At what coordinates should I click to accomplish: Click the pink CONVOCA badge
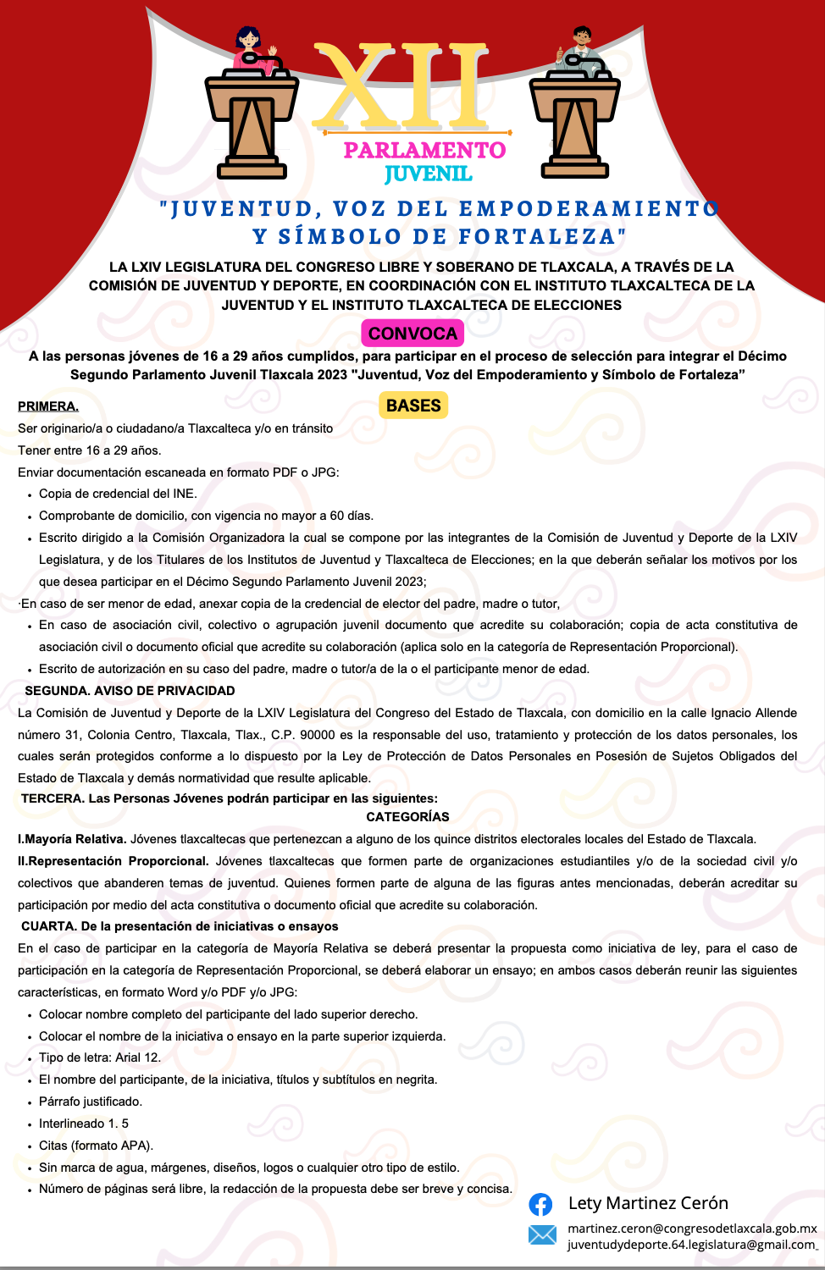coord(412,333)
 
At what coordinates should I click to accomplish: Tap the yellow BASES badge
coord(413,406)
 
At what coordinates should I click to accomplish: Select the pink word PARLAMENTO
coord(424,151)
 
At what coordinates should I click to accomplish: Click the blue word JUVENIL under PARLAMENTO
coord(428,174)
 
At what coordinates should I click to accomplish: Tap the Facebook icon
coord(540,1204)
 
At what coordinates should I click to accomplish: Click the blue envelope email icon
coord(542,1234)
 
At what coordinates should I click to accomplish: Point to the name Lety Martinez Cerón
coord(648,1203)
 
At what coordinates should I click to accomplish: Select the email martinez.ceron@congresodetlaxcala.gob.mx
coord(692,1228)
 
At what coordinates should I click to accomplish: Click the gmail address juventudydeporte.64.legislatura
coord(691,1245)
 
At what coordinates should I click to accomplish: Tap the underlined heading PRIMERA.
coord(48,406)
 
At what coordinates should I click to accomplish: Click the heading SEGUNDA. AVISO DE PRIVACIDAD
coord(130,691)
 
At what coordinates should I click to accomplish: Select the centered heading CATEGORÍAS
coord(407,817)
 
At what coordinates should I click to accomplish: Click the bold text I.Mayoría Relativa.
coord(72,839)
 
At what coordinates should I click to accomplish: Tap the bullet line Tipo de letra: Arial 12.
coord(100,1057)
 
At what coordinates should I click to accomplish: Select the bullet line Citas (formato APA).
coord(96,1146)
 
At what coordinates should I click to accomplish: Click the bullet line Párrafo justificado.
coord(91,1102)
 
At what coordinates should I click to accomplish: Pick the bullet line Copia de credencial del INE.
coord(118,494)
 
